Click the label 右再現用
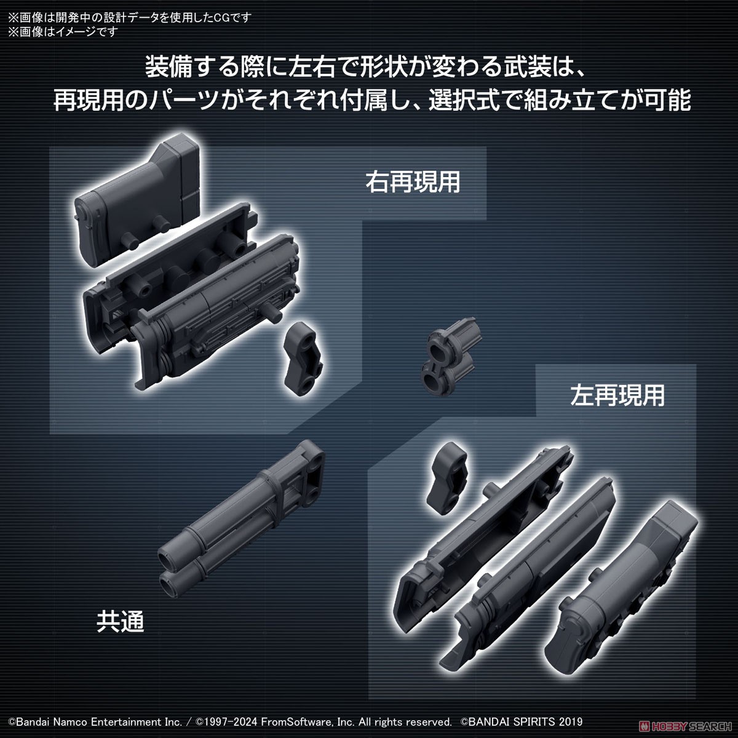(413, 182)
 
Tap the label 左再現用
(617, 395)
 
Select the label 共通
(120, 622)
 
